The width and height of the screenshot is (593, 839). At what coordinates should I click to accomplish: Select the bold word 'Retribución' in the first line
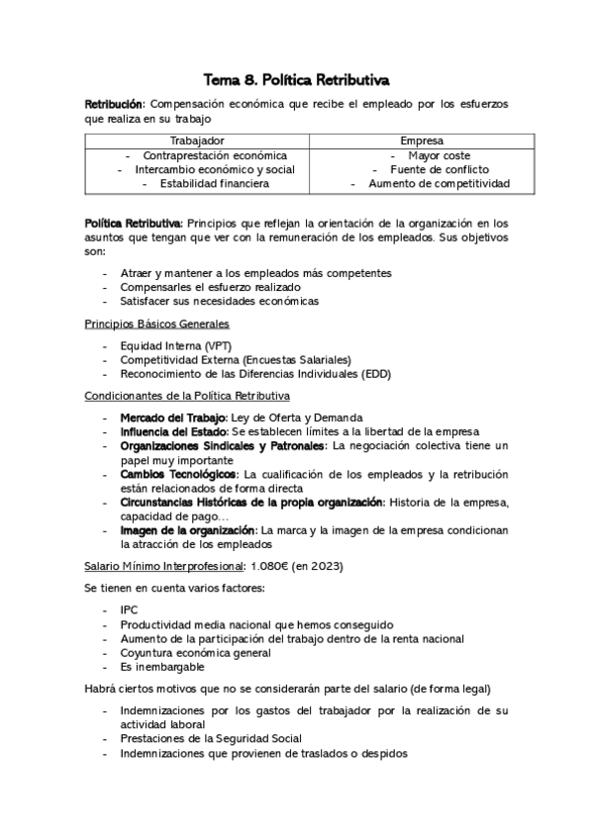[114, 104]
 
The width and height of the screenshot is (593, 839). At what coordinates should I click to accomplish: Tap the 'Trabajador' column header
[197, 141]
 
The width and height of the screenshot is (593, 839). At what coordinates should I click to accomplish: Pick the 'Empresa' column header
[423, 141]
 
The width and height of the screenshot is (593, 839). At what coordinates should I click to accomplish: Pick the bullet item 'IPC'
[129, 610]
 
